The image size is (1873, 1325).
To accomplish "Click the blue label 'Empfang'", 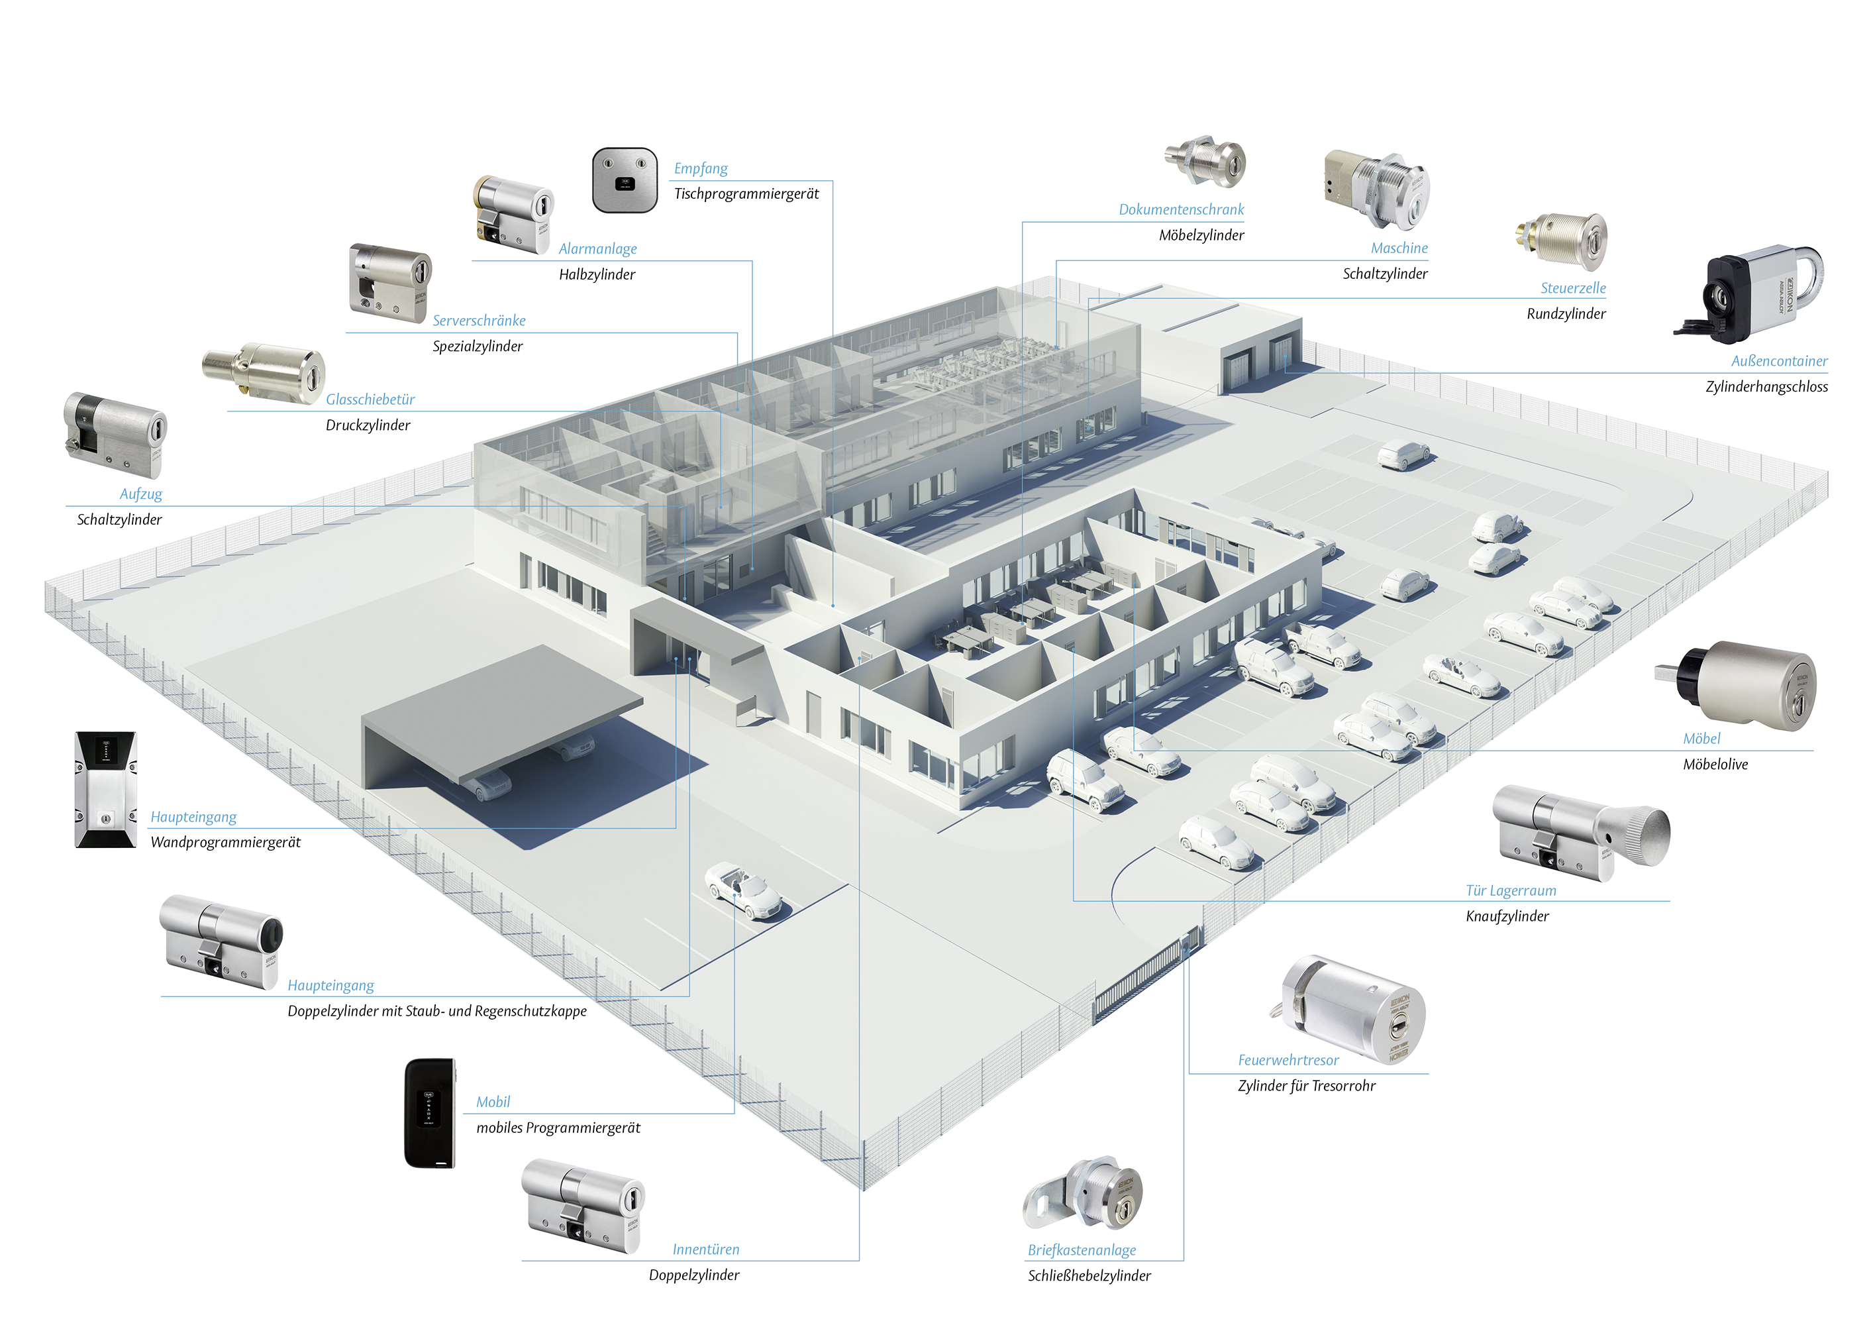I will click(700, 169).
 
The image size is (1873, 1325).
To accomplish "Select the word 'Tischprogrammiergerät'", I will click(746, 194).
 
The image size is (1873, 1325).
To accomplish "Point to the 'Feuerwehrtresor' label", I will click(1288, 1060).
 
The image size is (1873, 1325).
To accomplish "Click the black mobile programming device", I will click(430, 1112).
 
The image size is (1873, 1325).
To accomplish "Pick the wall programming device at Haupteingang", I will click(106, 789).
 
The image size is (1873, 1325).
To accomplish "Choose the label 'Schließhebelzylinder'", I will click(1088, 1275).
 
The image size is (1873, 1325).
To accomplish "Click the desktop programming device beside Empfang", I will click(624, 180).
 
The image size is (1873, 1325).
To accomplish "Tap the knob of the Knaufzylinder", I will click(1641, 835).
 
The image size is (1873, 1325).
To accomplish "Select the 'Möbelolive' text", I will click(1715, 765).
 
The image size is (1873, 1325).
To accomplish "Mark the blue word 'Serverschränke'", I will click(479, 321).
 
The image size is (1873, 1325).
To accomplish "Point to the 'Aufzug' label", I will click(140, 494).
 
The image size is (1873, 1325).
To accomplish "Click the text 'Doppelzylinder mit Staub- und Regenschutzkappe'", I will click(436, 1011).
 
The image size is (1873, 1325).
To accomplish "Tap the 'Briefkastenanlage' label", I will click(1081, 1250).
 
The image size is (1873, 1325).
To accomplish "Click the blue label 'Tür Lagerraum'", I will click(1510, 891).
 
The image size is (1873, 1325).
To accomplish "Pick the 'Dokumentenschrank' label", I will click(1180, 210).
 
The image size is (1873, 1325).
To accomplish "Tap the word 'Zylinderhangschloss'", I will click(1766, 387).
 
